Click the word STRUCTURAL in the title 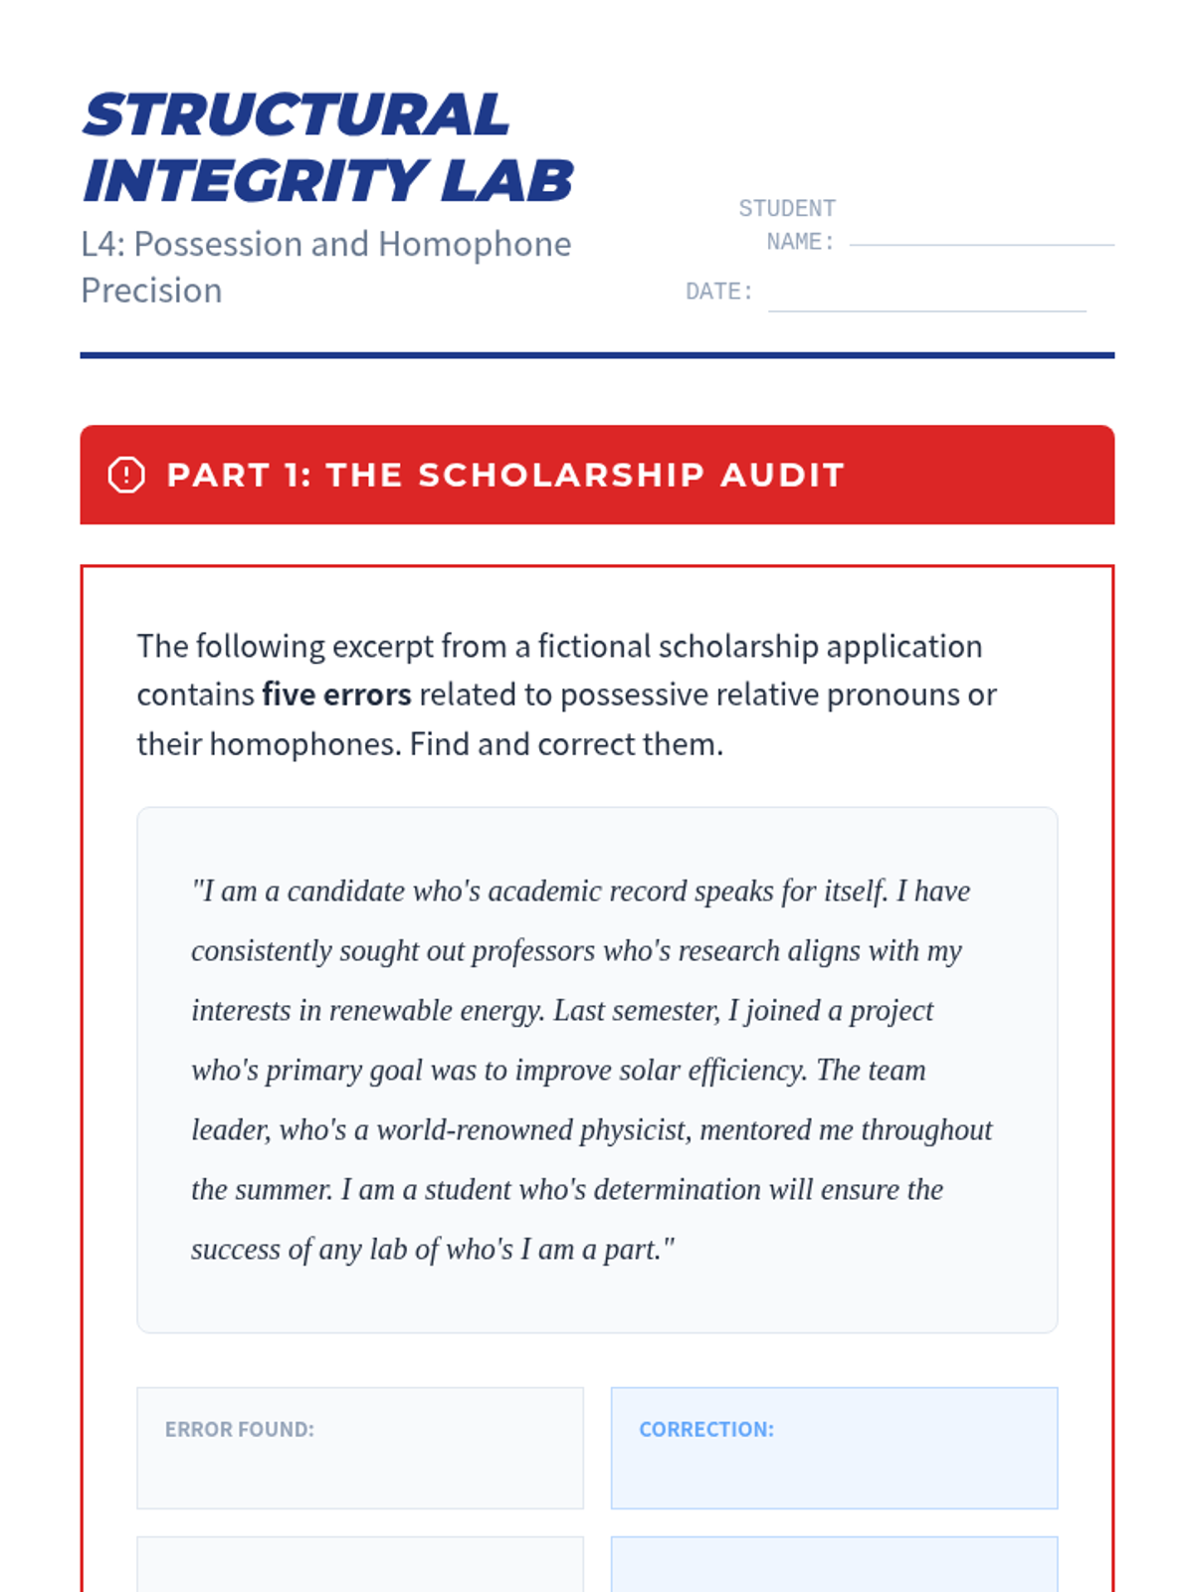(x=297, y=114)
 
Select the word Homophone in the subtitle (x=475, y=244)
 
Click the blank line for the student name (x=981, y=242)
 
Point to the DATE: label (x=718, y=292)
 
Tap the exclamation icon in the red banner (x=126, y=475)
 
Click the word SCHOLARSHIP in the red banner (x=561, y=475)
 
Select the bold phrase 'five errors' (x=336, y=695)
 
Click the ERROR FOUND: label (x=240, y=1430)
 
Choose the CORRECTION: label (x=706, y=1430)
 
